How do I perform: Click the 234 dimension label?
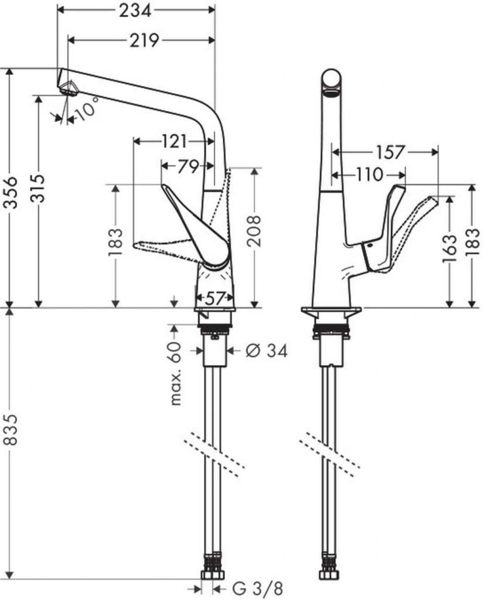point(135,11)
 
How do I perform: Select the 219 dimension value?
point(144,40)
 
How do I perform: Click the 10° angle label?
point(87,108)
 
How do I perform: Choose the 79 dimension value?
point(188,166)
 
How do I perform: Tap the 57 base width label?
point(214,298)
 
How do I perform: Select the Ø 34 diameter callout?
point(267,350)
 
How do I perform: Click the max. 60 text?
point(176,374)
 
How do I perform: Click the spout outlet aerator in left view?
point(69,88)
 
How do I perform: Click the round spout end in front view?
point(331,81)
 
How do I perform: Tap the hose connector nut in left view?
point(212,575)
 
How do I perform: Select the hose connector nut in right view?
point(329,575)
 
